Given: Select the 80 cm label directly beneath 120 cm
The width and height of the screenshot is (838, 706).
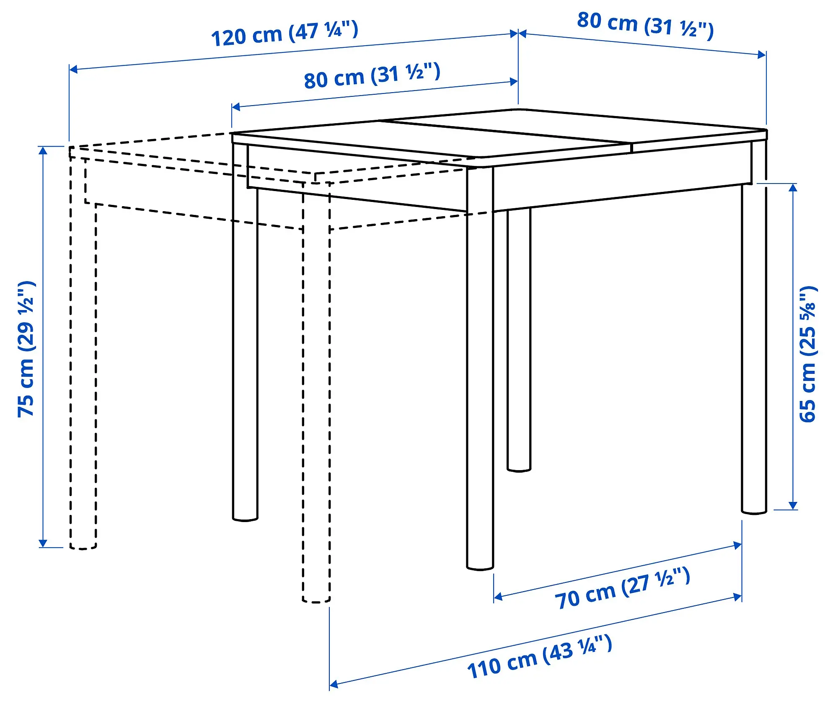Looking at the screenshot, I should pos(372,76).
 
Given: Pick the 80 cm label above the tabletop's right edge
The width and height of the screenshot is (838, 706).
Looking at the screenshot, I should pos(645,25).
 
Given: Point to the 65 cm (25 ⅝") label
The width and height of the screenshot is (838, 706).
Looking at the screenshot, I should pos(808,354).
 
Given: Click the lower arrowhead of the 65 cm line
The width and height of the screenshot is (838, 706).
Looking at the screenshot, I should pos(793,505).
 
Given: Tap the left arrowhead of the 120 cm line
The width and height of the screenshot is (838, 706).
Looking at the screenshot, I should pos(73,69).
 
